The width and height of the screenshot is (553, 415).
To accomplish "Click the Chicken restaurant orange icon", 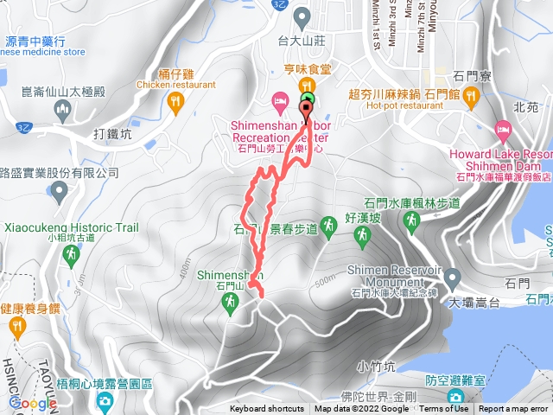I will [x=176, y=102].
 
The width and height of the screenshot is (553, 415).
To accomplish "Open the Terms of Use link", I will [x=444, y=409].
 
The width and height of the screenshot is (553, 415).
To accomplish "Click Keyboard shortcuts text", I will [x=266, y=409].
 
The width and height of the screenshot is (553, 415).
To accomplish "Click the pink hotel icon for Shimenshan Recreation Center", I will [x=279, y=101].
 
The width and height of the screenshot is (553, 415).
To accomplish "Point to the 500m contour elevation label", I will [x=325, y=281].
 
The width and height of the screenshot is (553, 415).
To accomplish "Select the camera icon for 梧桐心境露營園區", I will [x=105, y=401].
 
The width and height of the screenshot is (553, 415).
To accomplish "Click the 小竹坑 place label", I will [x=374, y=365].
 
